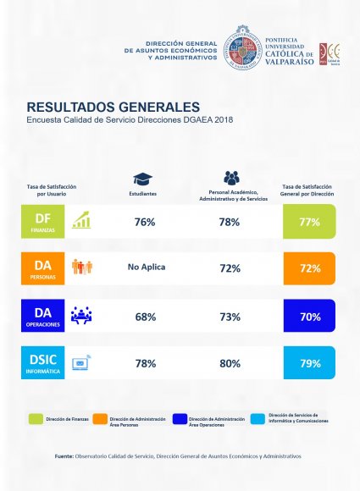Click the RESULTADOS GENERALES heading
[113, 108]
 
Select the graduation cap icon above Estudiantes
[143, 179]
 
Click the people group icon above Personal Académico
[231, 178]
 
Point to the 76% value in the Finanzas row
[144, 222]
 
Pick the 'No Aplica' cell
[147, 268]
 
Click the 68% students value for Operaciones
[145, 317]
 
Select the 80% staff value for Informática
[229, 363]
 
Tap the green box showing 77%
[310, 222]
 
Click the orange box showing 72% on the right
[310, 268]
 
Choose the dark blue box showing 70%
[310, 317]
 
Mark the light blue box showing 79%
[310, 363]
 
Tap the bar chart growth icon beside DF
[82, 222]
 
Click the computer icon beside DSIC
[82, 363]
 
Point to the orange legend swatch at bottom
[108, 419]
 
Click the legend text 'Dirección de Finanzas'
[69, 419]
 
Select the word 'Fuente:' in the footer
[64, 456]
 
